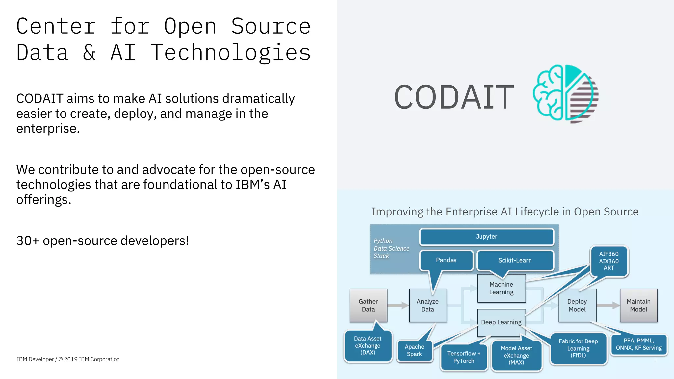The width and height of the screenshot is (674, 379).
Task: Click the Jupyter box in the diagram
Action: coord(486,237)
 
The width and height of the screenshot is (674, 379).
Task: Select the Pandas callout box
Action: coord(446,260)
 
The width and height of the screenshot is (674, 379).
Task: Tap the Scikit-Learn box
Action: coord(515,260)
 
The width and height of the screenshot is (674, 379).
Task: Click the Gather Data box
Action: coord(368,305)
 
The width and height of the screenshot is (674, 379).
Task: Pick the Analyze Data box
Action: coord(428,305)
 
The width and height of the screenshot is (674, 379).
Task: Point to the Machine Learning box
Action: coord(501,288)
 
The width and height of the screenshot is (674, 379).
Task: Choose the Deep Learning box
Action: coord(501,322)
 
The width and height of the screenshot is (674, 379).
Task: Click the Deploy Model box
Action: coord(577,305)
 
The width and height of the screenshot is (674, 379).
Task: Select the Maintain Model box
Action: coord(638,305)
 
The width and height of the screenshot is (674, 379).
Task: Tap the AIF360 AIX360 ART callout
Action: coord(609,261)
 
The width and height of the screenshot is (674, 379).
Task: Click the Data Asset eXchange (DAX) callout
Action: coord(368,345)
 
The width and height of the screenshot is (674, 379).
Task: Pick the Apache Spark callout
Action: coord(414,351)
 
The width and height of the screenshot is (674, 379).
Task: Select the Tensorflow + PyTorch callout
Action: coord(464,357)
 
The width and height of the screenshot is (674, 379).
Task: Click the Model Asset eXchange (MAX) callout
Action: coord(516,355)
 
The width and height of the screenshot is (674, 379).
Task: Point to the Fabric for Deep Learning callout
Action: coord(578,348)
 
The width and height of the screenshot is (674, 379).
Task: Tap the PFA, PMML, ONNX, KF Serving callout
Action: coord(639,344)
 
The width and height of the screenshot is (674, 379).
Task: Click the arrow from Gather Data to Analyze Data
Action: coord(398,305)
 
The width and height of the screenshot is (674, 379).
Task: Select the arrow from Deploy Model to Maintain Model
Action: coord(608,305)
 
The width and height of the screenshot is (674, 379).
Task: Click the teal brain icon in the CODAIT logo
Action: coord(548,93)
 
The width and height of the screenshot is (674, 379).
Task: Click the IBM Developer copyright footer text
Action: coord(68,359)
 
